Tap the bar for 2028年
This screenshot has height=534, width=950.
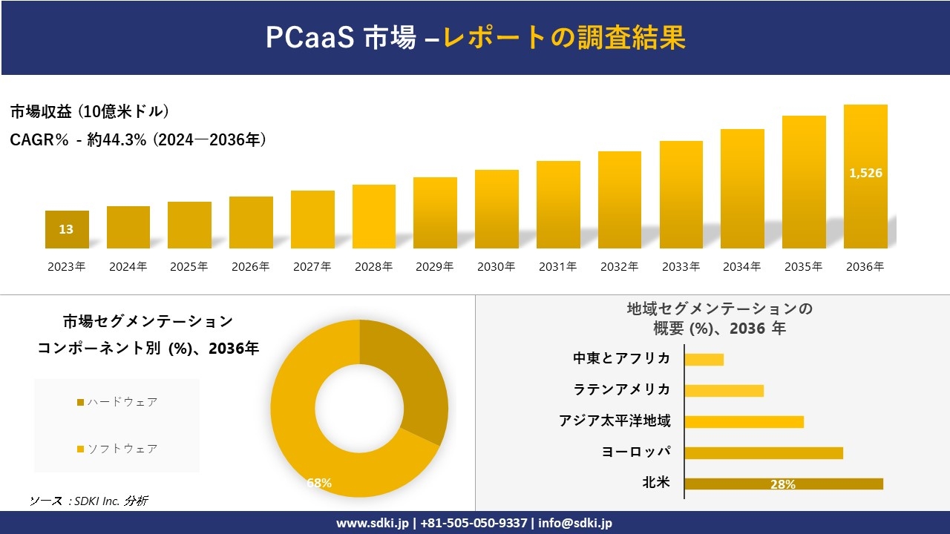pyautogui.click(x=373, y=217)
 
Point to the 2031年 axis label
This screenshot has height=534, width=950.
pyautogui.click(x=557, y=267)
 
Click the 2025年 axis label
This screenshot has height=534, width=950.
pyautogui.click(x=189, y=267)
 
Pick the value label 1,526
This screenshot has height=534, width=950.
pyautogui.click(x=865, y=173)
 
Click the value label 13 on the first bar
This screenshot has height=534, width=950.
pyautogui.click(x=66, y=229)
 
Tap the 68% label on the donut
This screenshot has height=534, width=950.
pyautogui.click(x=319, y=483)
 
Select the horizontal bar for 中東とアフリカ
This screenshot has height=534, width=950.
pyautogui.click(x=704, y=359)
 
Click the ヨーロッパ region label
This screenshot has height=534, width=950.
pyautogui.click(x=636, y=452)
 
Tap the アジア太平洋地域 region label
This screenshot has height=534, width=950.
pyautogui.click(x=615, y=421)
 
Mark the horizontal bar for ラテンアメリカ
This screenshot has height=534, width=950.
pyautogui.click(x=724, y=390)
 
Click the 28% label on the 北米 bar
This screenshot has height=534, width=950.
pyautogui.click(x=783, y=484)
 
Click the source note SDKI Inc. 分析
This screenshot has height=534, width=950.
pyautogui.click(x=88, y=501)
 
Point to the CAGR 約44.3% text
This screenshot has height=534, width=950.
pyautogui.click(x=138, y=139)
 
